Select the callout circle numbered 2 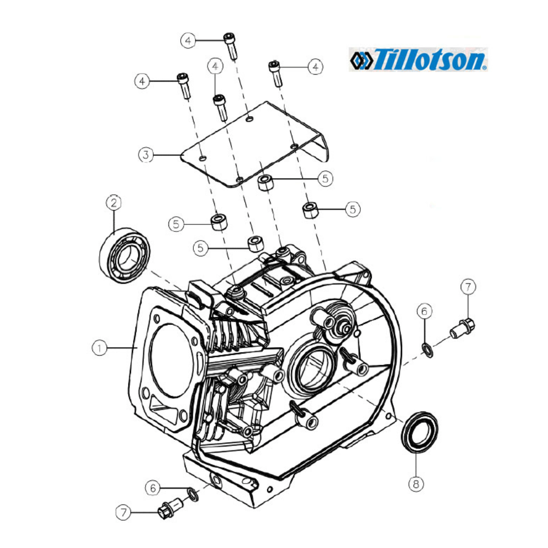(x=114, y=203)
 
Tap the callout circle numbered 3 (x=146, y=154)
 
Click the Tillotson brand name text (x=430, y=59)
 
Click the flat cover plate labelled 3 (x=254, y=145)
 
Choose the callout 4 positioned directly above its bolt (x=215, y=66)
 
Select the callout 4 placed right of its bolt (x=316, y=66)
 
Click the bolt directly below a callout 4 (x=220, y=107)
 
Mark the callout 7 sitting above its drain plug (x=468, y=287)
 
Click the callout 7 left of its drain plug (x=123, y=513)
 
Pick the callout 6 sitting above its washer (x=424, y=311)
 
